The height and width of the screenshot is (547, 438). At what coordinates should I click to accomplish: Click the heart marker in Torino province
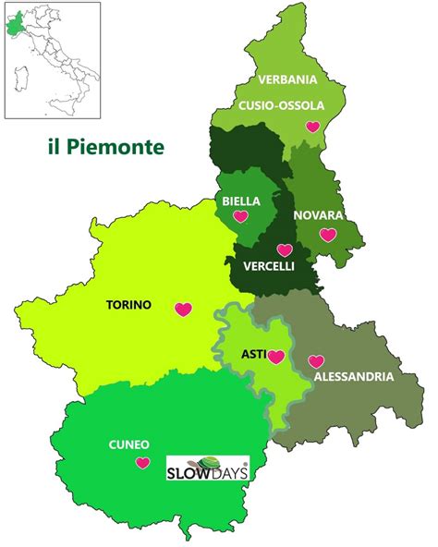pos(183,310)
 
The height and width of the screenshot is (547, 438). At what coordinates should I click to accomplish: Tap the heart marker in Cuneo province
pos(142,463)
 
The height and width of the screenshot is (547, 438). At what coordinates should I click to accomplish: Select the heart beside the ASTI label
pos(274,358)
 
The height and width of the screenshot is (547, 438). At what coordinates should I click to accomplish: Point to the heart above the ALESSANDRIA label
pos(316,361)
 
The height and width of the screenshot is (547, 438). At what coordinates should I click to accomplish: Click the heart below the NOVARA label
pos(327,235)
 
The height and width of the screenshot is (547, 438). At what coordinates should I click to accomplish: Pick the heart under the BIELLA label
pos(240,217)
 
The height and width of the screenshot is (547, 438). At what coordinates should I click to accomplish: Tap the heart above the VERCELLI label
pos(284,249)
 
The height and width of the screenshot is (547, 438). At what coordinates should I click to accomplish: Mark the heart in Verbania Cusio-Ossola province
pos(312,127)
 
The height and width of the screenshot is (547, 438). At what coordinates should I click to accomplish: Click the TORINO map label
pos(128,304)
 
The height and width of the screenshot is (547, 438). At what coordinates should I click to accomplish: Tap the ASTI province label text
pos(252,353)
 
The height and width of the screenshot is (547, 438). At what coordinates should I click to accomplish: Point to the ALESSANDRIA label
pos(354,377)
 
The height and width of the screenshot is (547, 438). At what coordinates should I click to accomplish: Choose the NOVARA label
pos(318,215)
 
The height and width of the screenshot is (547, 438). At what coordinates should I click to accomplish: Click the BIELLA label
pos(241,201)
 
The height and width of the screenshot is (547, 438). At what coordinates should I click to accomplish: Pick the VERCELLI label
pos(269,266)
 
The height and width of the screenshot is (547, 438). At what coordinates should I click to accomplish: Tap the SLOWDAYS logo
pos(207,468)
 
